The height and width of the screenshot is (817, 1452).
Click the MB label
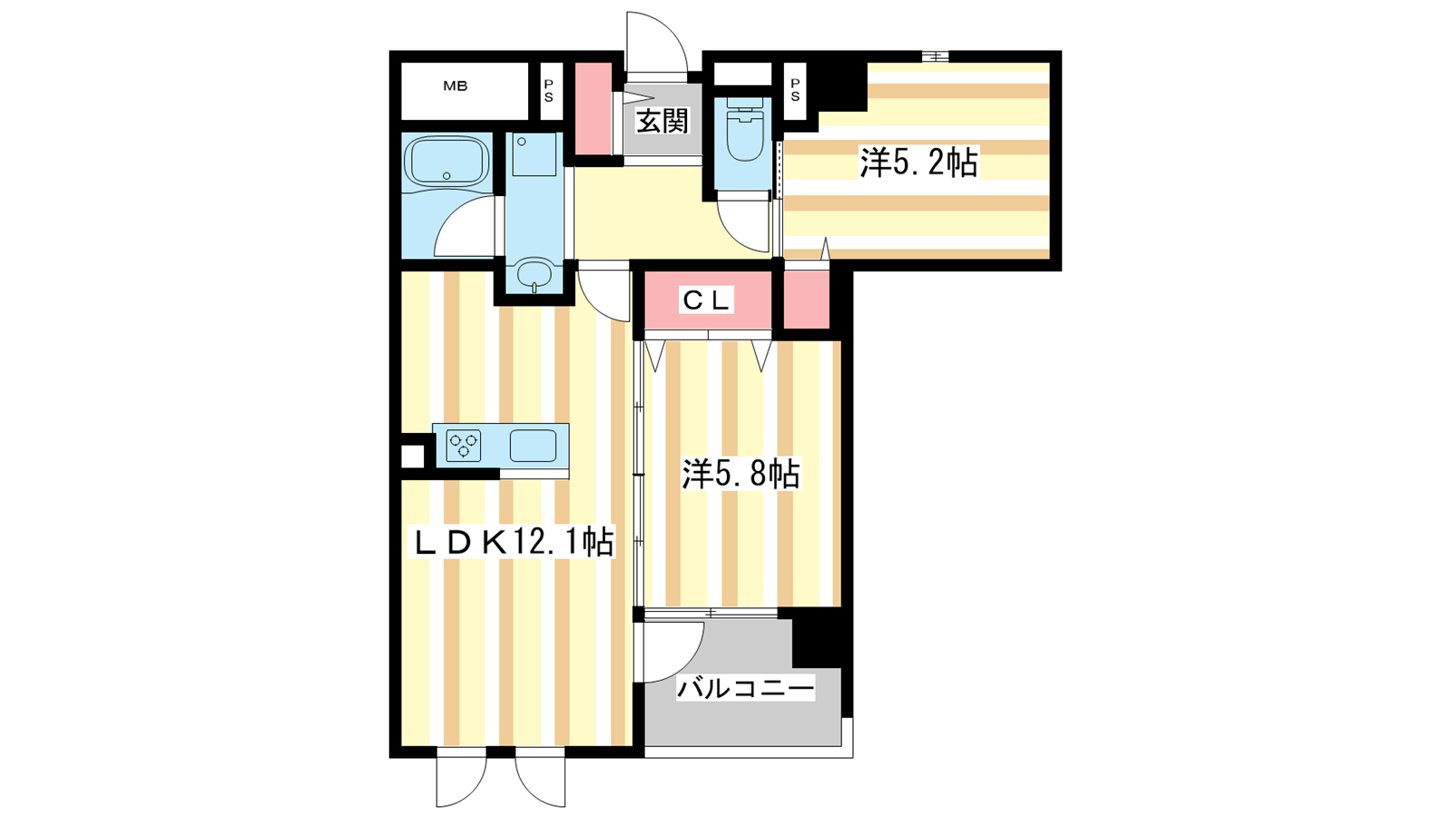(x=455, y=85)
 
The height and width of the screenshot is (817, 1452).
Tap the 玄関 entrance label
(x=662, y=122)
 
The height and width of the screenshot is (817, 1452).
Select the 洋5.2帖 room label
(x=918, y=162)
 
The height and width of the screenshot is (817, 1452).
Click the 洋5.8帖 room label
(x=741, y=474)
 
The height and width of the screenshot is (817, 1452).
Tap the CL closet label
(x=706, y=300)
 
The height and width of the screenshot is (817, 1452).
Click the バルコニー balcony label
(x=745, y=687)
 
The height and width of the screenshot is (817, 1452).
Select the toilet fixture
(x=743, y=130)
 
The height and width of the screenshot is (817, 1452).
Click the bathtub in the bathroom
(x=446, y=162)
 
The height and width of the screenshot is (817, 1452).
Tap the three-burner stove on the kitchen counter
(x=464, y=446)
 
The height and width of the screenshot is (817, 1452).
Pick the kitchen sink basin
(x=533, y=446)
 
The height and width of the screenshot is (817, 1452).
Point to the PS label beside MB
(x=549, y=92)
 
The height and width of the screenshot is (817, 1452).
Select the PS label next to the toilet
(x=795, y=90)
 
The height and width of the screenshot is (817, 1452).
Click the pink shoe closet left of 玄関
(x=594, y=109)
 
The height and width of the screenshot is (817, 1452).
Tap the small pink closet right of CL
(x=807, y=300)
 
